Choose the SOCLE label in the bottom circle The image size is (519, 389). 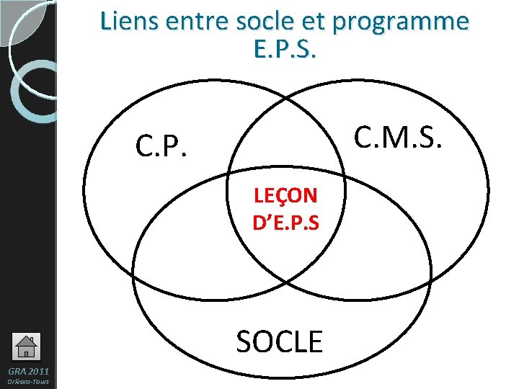pyautogui.click(x=280, y=341)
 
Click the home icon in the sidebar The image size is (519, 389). pyautogui.click(x=26, y=346)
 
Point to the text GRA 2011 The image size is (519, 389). pyautogui.click(x=27, y=370)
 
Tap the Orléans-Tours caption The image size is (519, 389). pyautogui.click(x=28, y=381)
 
